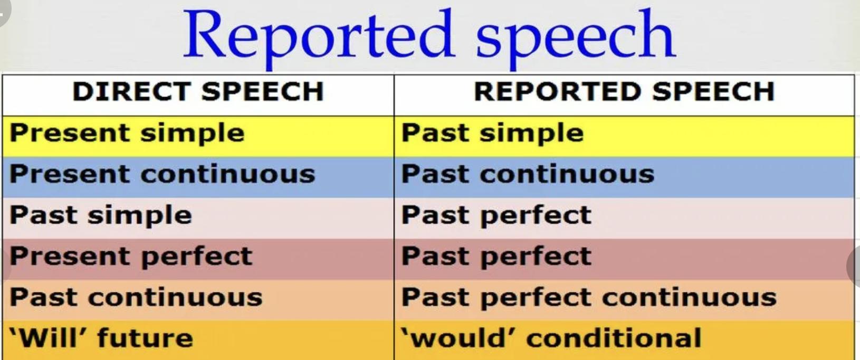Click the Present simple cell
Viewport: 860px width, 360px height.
[x=127, y=134]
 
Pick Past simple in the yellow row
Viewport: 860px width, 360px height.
[x=493, y=134]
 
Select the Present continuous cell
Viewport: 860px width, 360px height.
[x=163, y=174]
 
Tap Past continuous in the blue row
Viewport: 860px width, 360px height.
[x=528, y=174]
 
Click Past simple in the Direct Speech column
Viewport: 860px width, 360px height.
[x=101, y=215]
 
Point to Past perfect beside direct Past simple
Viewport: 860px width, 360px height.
[x=496, y=215]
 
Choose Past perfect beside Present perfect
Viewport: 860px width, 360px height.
[x=496, y=257]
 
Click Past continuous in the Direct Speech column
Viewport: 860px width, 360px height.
[x=136, y=297]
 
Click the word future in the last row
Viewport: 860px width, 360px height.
[x=145, y=338]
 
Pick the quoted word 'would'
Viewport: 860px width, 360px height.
[x=460, y=338]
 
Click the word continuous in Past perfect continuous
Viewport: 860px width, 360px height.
[x=690, y=298]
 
